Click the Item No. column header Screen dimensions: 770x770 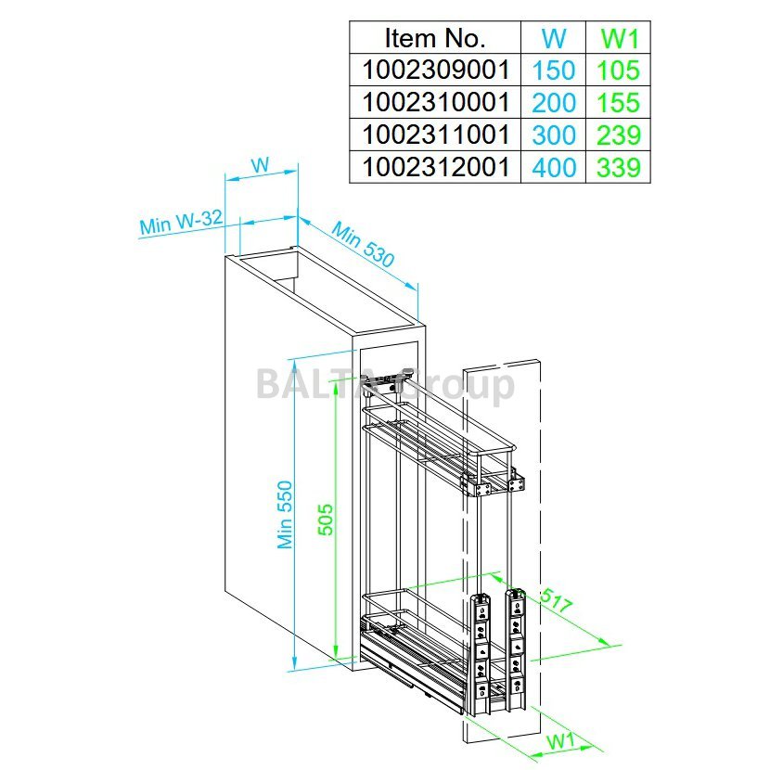tap(434, 38)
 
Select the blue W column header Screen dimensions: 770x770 tap(554, 38)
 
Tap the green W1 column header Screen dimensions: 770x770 tap(618, 38)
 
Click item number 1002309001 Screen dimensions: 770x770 tap(434, 70)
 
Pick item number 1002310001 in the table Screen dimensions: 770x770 tap(434, 102)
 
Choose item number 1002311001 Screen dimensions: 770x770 tap(434, 135)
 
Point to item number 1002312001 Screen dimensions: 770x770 tap(434, 167)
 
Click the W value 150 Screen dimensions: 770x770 tap(554, 71)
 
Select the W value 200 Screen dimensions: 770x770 tap(554, 103)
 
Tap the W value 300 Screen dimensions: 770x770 tap(554, 135)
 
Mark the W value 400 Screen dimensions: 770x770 tap(554, 168)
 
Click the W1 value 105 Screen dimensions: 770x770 tap(618, 71)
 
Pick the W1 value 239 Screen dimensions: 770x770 tap(618, 135)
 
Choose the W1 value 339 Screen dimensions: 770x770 tap(618, 168)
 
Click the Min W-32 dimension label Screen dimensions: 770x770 tap(181, 223)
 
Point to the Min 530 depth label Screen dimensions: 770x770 tap(363, 245)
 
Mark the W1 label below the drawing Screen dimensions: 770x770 tap(558, 743)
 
